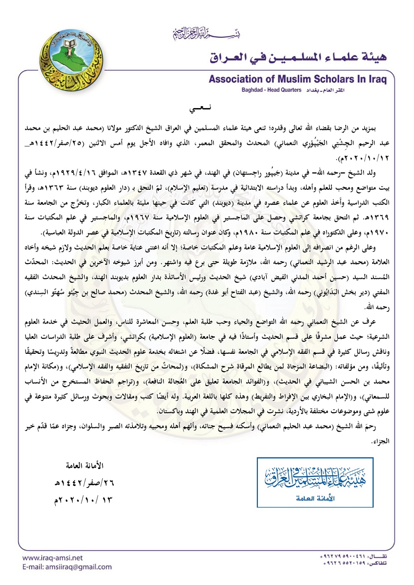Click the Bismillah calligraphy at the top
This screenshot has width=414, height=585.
[x=207, y=34]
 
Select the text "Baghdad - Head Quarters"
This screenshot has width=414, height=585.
[x=272, y=90]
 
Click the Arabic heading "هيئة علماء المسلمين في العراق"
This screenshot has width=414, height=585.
[x=298, y=57]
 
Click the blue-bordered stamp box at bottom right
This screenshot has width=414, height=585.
[x=315, y=482]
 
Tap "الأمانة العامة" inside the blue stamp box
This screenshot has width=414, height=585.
[x=315, y=498]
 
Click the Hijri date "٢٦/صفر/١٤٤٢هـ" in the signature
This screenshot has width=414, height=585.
[x=84, y=482]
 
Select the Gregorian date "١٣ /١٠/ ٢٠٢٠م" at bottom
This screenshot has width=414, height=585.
[x=83, y=500]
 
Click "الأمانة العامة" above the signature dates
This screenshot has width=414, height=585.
[x=84, y=466]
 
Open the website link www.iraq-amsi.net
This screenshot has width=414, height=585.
[x=52, y=558]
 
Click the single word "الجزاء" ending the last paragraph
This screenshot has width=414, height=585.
[x=380, y=441]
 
